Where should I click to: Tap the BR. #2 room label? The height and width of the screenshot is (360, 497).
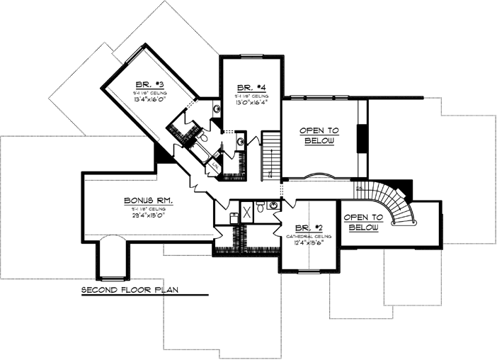pyautogui.click(x=309, y=227)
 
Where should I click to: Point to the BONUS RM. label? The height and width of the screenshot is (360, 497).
pyautogui.click(x=149, y=201)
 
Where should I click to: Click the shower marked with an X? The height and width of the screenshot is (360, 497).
pyautogui.click(x=248, y=212)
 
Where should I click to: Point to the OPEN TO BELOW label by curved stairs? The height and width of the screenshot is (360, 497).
pyautogui.click(x=362, y=222)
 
